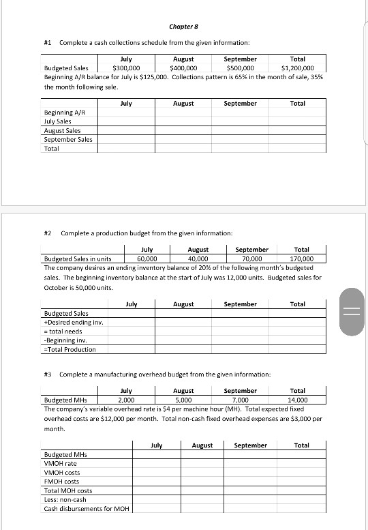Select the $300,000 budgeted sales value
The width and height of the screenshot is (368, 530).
126,68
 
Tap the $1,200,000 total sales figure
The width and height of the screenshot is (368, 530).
298,68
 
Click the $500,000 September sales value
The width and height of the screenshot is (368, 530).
241,68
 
